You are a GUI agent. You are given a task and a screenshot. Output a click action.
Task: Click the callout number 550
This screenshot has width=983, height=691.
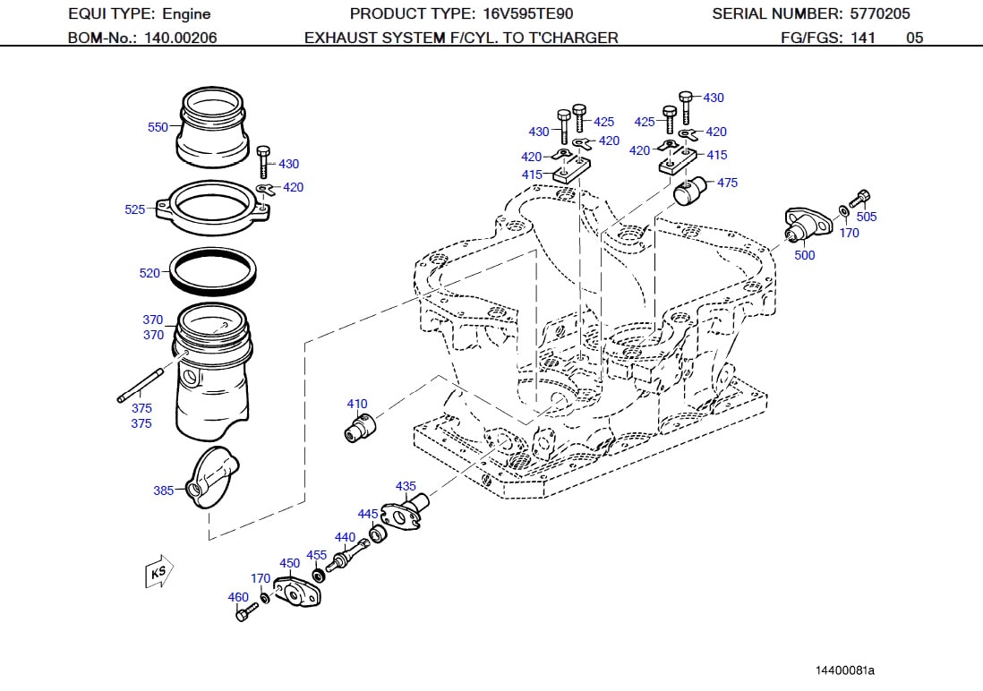point(158,127)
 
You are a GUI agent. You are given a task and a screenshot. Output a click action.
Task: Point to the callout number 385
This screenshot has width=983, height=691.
point(164,491)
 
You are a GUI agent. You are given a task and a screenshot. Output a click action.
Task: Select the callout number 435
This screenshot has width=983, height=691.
point(406,487)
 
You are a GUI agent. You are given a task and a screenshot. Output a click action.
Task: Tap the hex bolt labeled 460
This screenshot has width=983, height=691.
point(244,613)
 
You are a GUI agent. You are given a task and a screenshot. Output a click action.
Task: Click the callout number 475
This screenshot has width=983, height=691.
point(727,183)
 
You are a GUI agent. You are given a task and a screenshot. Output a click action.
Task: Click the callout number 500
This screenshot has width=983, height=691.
point(805,255)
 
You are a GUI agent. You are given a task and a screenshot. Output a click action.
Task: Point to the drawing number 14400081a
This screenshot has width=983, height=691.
point(844,670)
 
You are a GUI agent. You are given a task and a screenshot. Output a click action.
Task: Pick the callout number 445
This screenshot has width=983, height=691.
point(368,514)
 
